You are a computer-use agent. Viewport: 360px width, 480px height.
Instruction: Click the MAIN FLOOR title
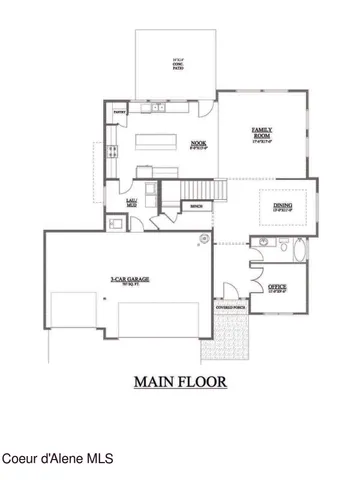click(179, 380)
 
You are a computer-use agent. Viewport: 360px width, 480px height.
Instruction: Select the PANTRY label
click(119, 113)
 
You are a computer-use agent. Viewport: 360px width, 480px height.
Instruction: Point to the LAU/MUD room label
click(130, 200)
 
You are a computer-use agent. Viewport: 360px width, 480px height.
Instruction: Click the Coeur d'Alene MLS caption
click(57, 459)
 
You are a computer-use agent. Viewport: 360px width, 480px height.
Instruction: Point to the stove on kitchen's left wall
click(112, 156)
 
